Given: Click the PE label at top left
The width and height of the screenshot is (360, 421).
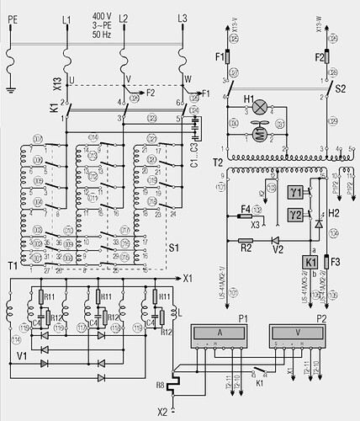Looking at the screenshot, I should [11, 17].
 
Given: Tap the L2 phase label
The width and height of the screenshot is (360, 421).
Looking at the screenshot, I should [124, 17].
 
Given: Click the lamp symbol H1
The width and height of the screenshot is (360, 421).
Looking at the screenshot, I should [261, 107].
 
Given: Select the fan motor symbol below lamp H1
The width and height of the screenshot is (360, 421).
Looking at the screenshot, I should [259, 127].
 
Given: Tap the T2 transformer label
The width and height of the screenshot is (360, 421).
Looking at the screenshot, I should [215, 160].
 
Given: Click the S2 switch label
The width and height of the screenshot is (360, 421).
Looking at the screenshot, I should [341, 87].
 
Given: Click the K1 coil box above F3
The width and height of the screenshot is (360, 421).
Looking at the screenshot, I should [310, 261].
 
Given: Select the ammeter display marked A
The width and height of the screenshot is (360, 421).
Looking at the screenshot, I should [220, 333].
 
